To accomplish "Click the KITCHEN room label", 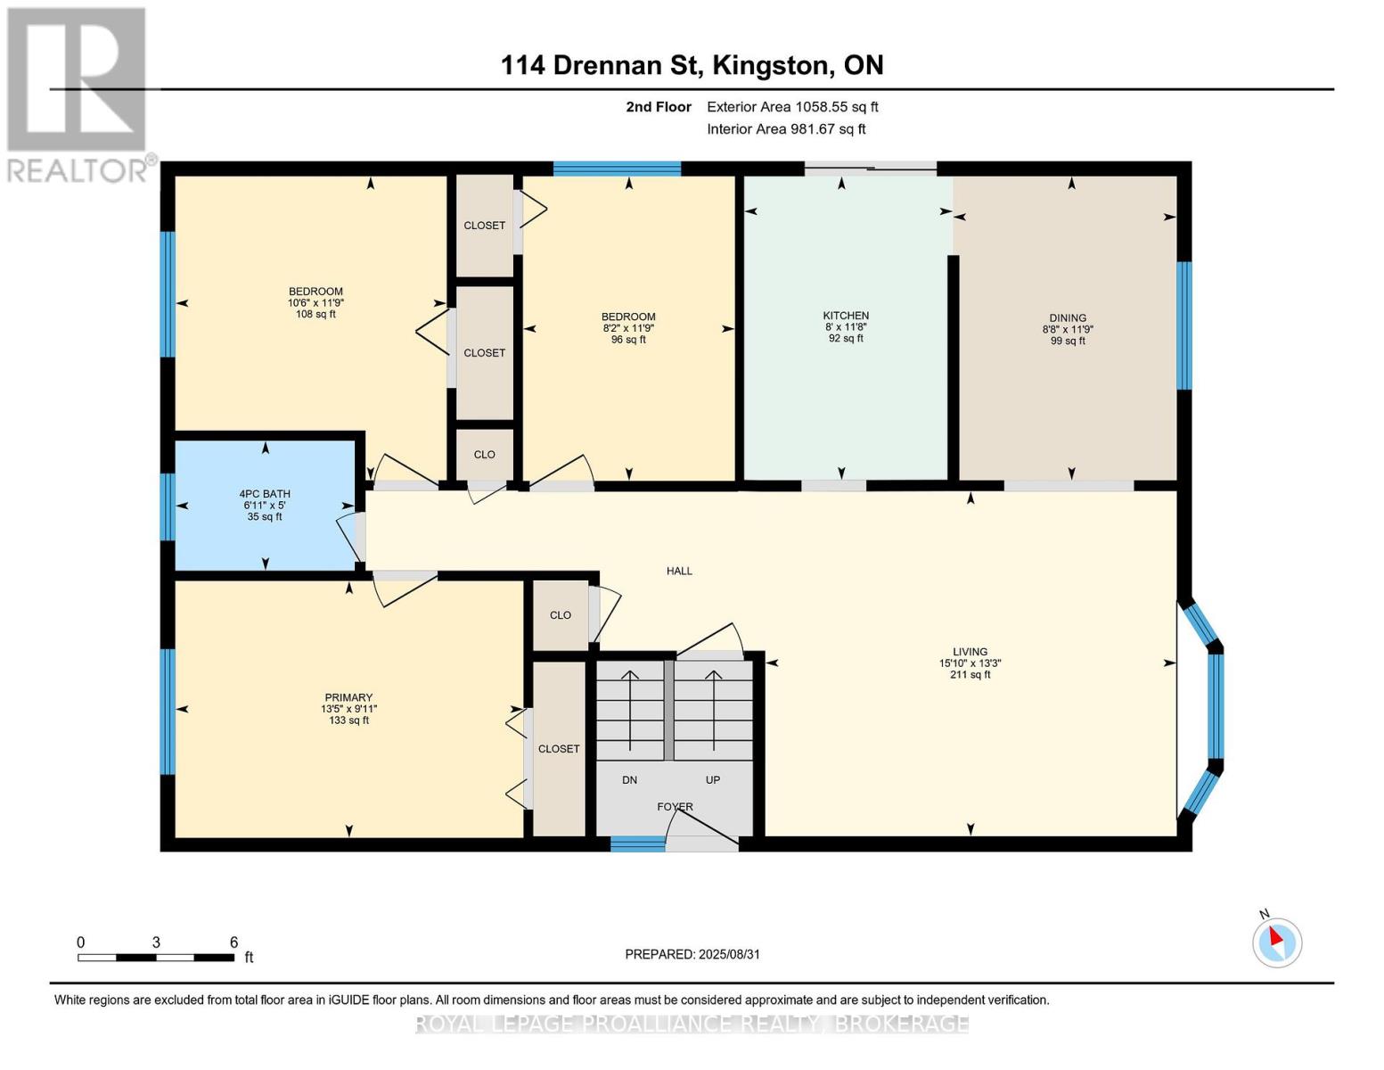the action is [x=846, y=316].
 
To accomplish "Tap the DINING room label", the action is [x=1069, y=318].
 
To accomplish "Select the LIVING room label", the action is [x=970, y=652].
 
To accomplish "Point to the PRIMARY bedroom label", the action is [x=348, y=698].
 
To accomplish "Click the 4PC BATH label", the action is [x=265, y=494].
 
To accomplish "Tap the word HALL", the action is [x=679, y=571].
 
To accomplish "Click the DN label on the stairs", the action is [x=629, y=780].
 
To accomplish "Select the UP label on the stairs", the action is [x=713, y=780].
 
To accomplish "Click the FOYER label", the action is [x=676, y=807].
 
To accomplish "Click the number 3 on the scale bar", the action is [x=156, y=942].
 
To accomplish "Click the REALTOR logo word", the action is [x=78, y=171].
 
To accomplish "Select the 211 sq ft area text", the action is [x=970, y=675].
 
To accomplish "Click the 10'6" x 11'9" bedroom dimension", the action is [x=315, y=303].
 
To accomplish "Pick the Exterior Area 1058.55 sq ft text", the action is [x=792, y=107].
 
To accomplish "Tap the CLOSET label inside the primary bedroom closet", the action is [x=559, y=749].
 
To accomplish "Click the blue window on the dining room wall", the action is [x=1184, y=325].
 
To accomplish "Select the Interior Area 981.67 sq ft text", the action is [x=786, y=129].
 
